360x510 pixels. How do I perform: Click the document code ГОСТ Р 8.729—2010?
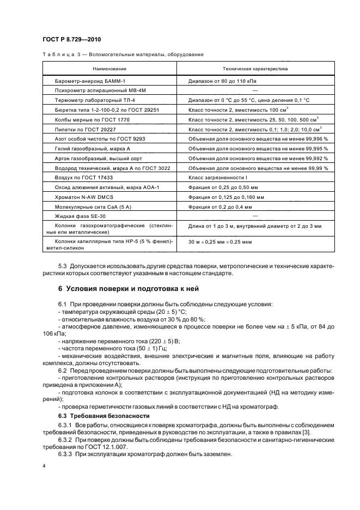[71, 40]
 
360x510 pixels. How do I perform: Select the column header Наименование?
[109, 69]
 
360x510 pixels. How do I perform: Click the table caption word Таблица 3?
[60, 54]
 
